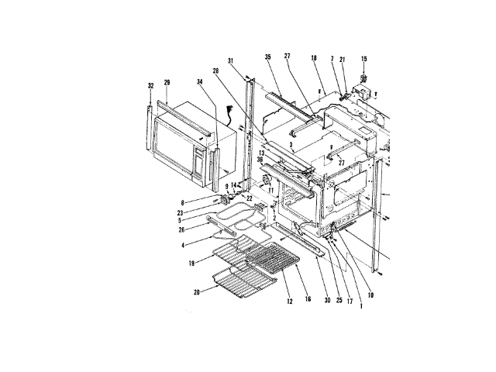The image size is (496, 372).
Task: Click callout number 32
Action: [150, 86]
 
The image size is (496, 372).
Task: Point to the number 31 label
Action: [231, 61]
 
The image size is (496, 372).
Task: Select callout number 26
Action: [181, 229]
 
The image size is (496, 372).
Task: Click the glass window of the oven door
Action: [177, 146]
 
